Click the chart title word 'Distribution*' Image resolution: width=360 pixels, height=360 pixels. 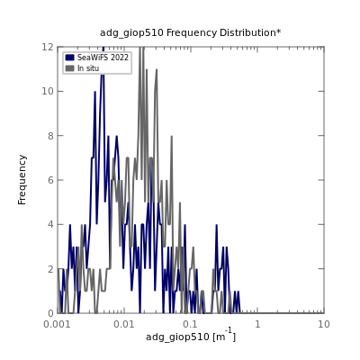[250, 32]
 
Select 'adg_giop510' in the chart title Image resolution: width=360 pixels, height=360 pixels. [131, 33]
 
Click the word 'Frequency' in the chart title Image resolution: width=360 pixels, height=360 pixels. [192, 33]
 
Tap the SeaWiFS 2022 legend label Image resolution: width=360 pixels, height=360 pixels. [103, 58]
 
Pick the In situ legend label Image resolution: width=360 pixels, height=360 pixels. [88, 68]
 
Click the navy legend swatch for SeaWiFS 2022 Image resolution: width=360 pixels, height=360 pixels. [69, 58]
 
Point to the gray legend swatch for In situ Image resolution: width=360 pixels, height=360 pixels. [69, 68]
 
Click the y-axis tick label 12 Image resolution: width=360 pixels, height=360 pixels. [48, 47]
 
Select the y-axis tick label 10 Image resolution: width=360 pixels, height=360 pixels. [48, 91]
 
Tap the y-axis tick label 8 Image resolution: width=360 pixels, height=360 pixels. [51, 136]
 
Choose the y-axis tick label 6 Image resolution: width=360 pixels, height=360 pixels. [51, 180]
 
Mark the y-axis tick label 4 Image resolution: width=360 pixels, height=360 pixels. [51, 224]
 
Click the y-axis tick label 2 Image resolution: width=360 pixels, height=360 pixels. [51, 269]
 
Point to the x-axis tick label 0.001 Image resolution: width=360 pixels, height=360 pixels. [57, 324]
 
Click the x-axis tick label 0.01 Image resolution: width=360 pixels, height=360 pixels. [124, 324]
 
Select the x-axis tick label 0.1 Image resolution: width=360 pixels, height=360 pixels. [191, 324]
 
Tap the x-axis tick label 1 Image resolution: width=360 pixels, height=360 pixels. [257, 324]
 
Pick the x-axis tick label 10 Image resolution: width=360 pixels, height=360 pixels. [324, 324]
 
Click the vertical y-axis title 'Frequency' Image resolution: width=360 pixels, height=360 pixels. [22, 180]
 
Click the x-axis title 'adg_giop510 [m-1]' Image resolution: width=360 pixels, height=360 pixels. [191, 336]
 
